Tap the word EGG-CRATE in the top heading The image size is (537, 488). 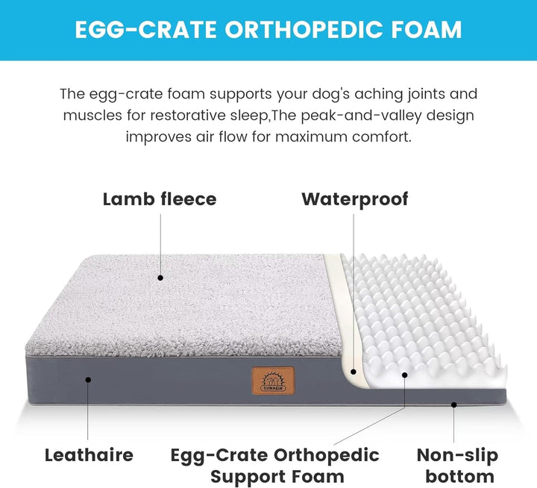(x=145, y=30)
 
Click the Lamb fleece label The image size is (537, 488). (x=160, y=199)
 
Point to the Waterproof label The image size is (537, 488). (x=355, y=199)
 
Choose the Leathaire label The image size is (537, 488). (x=89, y=454)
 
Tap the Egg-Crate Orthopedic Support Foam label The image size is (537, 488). (x=275, y=466)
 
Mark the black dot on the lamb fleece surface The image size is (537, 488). (x=160, y=278)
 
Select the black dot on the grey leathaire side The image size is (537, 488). (x=88, y=379)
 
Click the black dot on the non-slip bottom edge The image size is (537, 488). (x=454, y=404)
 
